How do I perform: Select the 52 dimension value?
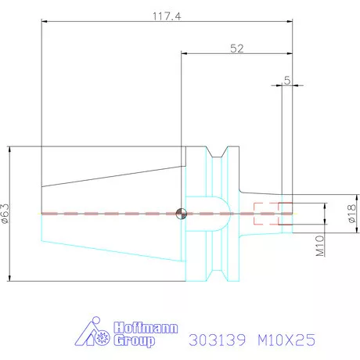coord(237,48)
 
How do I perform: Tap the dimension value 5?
coord(287,79)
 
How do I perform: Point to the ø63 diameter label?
coord(7,214)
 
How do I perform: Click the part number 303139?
coord(218,341)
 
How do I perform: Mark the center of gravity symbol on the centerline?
coord(182,213)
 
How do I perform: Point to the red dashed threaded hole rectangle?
coord(274,214)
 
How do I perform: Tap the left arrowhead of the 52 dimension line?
coord(185,54)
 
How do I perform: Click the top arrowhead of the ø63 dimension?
coord(9,149)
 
